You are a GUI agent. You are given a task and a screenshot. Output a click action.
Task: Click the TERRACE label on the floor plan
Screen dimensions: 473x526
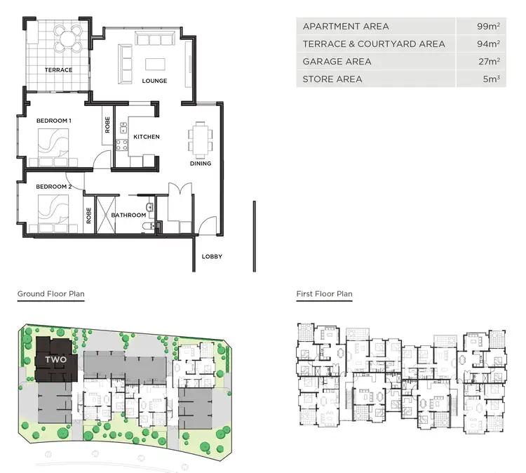pyautogui.click(x=58, y=70)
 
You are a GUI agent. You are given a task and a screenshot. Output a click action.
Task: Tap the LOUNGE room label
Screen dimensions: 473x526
pyautogui.click(x=154, y=81)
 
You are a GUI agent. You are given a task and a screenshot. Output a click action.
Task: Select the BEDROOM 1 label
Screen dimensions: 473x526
pyautogui.click(x=54, y=121)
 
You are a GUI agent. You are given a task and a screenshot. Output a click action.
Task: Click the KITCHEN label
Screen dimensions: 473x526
pyautogui.click(x=147, y=137)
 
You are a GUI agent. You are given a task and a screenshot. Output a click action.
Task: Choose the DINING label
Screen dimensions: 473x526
pyautogui.click(x=201, y=164)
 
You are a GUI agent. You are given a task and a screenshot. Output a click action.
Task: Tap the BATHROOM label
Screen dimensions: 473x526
pyautogui.click(x=128, y=215)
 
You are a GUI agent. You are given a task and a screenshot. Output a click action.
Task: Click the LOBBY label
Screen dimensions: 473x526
pyautogui.click(x=212, y=257)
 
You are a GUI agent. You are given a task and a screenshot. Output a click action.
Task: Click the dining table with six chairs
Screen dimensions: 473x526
pyautogui.click(x=201, y=139)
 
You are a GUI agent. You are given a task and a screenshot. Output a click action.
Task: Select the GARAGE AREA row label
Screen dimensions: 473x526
pyautogui.click(x=337, y=62)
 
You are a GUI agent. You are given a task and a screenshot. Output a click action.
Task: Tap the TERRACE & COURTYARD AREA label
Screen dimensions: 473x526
pyautogui.click(x=373, y=44)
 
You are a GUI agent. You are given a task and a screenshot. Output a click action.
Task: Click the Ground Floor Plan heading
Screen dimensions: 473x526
pyautogui.click(x=50, y=294)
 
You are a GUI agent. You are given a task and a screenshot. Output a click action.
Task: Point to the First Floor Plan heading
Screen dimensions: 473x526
pyautogui.click(x=324, y=294)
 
